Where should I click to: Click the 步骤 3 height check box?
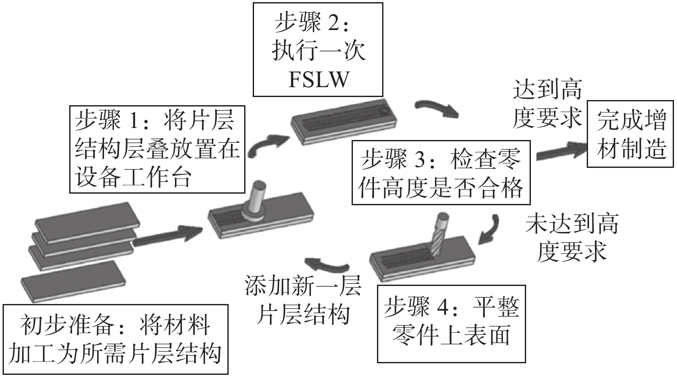(441, 172)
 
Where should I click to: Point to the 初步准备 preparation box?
(115, 339)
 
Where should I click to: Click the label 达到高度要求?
(547, 104)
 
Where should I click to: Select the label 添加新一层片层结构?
(303, 301)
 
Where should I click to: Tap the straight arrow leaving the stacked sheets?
(168, 237)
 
